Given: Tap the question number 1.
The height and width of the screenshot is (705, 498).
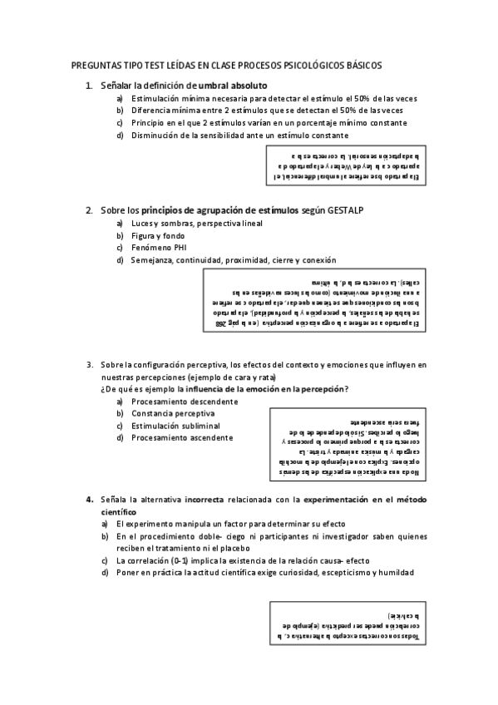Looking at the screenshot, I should (89, 86).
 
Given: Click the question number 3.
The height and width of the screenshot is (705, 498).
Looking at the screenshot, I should (89, 365).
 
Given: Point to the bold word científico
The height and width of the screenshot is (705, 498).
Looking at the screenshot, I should (119, 512).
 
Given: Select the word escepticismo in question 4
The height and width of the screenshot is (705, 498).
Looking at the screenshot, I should (328, 573).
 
